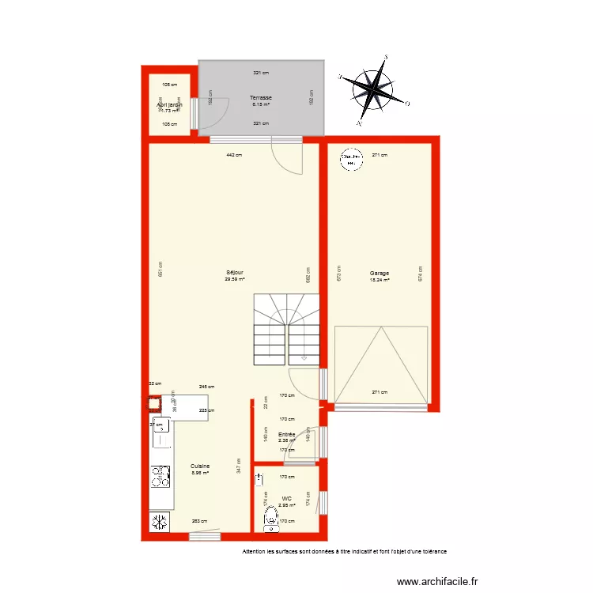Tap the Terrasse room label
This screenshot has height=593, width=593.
[x=261, y=97]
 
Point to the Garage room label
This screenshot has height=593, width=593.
[x=380, y=274]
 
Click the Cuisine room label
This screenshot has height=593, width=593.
[x=200, y=466]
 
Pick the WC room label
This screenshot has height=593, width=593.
[x=286, y=498]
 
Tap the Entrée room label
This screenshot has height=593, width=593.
[x=286, y=434]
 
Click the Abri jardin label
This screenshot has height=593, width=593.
[x=170, y=104]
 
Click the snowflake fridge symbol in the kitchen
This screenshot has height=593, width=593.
[x=160, y=522]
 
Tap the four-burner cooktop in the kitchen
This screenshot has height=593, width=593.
[x=161, y=477]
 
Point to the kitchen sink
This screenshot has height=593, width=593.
[x=161, y=434]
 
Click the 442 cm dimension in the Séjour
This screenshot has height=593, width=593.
[x=233, y=155]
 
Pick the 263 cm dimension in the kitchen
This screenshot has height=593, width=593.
[x=201, y=521]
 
